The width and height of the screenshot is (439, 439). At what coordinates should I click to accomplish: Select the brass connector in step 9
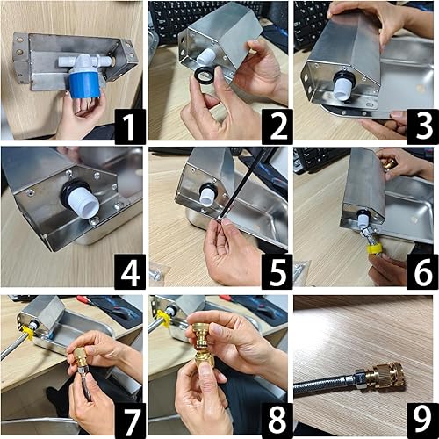[x=386, y=377]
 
